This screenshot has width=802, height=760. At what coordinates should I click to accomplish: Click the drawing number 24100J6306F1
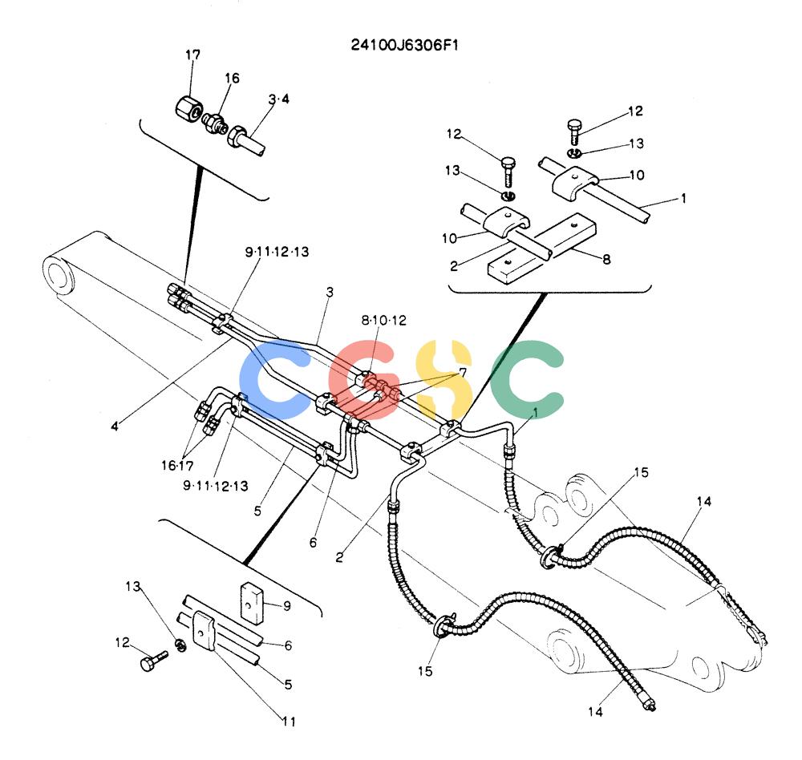(404, 45)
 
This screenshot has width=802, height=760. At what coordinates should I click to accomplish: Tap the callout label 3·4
(279, 99)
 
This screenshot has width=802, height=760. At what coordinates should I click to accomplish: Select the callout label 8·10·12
(383, 320)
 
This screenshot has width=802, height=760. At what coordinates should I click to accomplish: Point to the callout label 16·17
(177, 466)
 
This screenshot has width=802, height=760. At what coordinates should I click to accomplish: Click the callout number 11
(289, 722)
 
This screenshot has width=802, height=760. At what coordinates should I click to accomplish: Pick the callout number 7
(463, 372)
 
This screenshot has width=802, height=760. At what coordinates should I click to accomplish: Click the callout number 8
(606, 259)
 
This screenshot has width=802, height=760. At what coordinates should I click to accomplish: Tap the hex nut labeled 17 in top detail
(188, 109)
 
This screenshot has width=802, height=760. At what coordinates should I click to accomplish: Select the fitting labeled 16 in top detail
(215, 123)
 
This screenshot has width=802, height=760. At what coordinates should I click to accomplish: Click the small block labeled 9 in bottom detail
(252, 603)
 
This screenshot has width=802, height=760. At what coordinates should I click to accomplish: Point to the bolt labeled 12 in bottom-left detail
(153, 661)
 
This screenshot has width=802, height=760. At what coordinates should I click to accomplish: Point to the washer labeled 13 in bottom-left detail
(180, 646)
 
